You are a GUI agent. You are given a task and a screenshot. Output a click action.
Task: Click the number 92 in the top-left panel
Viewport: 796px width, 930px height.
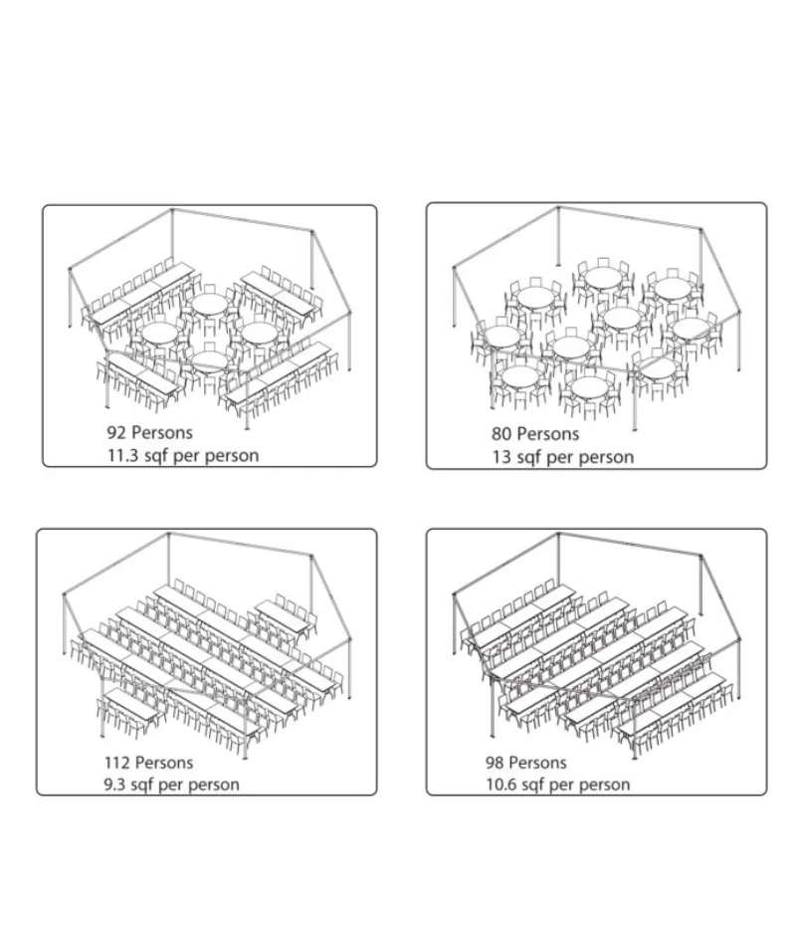click(116, 432)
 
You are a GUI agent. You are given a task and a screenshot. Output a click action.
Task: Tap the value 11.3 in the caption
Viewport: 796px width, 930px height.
click(122, 455)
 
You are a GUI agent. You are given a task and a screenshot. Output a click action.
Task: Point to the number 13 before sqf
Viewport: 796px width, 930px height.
click(501, 457)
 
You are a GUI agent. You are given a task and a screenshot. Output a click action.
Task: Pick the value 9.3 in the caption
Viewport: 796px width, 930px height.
click(114, 785)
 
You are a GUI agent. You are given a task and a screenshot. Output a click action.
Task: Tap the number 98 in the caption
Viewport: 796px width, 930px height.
click(495, 763)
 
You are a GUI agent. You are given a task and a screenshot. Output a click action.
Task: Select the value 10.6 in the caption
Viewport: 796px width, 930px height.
click(500, 785)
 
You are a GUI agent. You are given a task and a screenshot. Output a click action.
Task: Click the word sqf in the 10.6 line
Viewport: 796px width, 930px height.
click(531, 786)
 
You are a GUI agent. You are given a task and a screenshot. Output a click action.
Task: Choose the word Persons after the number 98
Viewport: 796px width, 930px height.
click(538, 763)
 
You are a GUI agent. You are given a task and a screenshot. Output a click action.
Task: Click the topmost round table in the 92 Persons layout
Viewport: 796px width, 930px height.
click(210, 305)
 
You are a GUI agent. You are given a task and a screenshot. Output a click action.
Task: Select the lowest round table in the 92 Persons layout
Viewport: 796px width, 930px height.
click(209, 361)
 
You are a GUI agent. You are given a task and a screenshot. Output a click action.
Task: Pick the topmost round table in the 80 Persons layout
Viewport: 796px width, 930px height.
click(602, 277)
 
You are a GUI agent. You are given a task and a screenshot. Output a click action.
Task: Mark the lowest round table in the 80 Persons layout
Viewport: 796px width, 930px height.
click(587, 388)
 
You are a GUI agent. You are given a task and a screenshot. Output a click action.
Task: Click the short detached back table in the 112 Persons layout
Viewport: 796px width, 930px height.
click(284, 615)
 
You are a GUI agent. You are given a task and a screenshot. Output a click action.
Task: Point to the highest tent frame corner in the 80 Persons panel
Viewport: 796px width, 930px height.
click(558, 208)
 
